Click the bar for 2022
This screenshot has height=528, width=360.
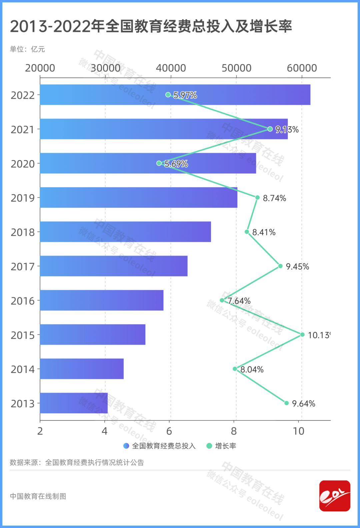pyautogui.click(x=175, y=95)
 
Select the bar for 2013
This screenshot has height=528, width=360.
pyautogui.click(x=74, y=403)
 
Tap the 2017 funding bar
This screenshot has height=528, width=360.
pyautogui.click(x=114, y=266)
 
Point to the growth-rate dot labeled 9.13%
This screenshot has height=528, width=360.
pyautogui.click(x=270, y=129)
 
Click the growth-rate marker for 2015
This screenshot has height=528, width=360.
pyautogui.click(x=302, y=335)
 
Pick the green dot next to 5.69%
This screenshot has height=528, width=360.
pyautogui.click(x=159, y=163)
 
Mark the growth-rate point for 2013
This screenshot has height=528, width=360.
pyautogui.click(x=287, y=403)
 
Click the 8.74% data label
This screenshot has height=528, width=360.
pyautogui.click(x=274, y=198)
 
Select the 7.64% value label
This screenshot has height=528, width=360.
pyautogui.click(x=239, y=301)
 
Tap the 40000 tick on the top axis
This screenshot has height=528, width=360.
pyautogui.click(x=171, y=68)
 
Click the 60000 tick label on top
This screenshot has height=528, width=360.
pyautogui.click(x=302, y=68)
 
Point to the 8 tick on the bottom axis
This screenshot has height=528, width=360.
pyautogui.click(x=234, y=431)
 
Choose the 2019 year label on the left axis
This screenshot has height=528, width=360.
pyautogui.click(x=23, y=198)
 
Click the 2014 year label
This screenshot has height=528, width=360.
pyautogui.click(x=23, y=369)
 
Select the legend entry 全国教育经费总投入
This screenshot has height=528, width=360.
pyautogui.click(x=160, y=446)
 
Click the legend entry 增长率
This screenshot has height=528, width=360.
pyautogui.click(x=221, y=446)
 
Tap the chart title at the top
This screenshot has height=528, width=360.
pyautogui.click(x=151, y=26)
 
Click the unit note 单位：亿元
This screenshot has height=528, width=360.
pyautogui.click(x=27, y=49)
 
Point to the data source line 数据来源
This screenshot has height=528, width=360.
pyautogui.click(x=77, y=463)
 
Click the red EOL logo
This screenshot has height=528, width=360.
pyautogui.click(x=335, y=496)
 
